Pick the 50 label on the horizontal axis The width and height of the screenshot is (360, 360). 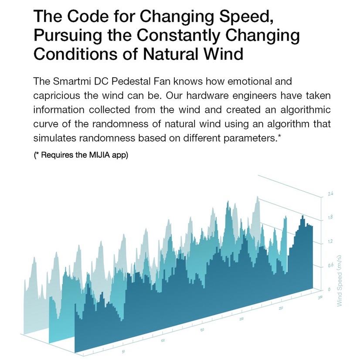click(124, 351)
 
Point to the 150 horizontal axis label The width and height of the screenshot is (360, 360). click(202, 330)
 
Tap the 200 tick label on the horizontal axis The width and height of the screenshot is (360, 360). click(241, 319)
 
